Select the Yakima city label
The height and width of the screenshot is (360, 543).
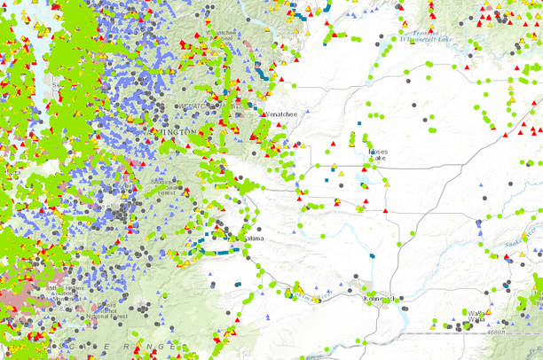point(252,239)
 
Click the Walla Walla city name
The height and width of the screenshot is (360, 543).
point(477,316)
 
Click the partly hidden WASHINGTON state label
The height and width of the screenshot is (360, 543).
point(175,131)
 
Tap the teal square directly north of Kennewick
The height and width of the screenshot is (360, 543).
point(373,256)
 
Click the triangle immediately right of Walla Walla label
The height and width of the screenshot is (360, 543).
point(491,312)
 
